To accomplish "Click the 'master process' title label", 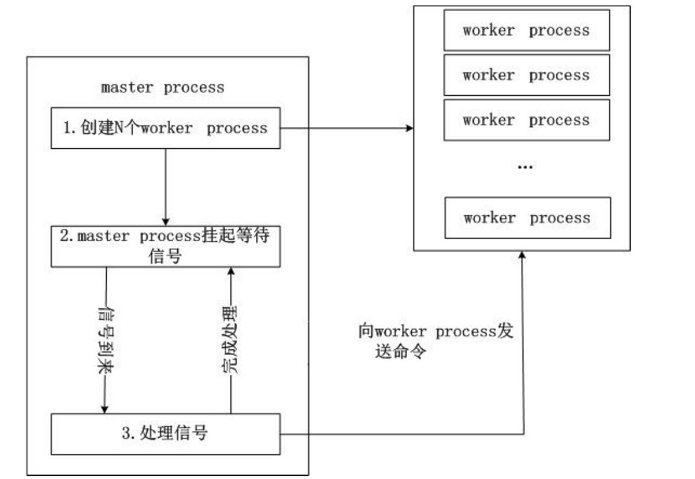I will (163, 88).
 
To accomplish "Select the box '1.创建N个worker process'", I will (165, 128).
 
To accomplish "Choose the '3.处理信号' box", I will (165, 434).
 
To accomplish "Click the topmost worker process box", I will (526, 31).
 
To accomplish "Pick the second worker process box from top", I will (526, 76).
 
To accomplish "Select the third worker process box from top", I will (526, 120).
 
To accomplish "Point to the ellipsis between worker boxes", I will (525, 167).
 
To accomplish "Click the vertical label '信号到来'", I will (106, 341).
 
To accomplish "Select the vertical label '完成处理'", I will (230, 341).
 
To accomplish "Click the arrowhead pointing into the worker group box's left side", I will (410, 128).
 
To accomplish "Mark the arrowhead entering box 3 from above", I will (105, 410).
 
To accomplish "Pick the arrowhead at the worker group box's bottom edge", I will (522, 255).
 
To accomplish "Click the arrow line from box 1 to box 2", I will (166, 184).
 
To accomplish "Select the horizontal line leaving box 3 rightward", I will (399, 434).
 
